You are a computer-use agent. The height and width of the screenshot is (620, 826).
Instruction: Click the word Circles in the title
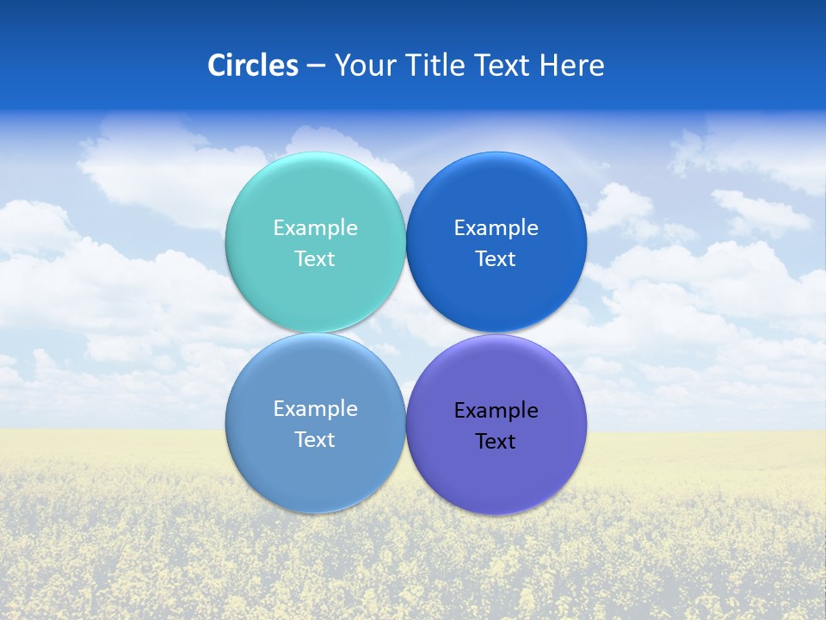tap(253, 65)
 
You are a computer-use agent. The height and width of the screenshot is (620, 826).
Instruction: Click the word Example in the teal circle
tap(315, 228)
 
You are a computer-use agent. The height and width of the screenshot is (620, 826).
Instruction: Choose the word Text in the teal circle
tap(315, 259)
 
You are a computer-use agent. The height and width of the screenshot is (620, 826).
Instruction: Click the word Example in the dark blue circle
tap(496, 228)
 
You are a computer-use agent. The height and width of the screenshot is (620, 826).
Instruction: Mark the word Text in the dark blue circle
tap(496, 259)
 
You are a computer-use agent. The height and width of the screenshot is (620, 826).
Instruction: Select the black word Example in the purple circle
tap(496, 411)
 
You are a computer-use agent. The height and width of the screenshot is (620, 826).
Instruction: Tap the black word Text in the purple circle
tap(496, 442)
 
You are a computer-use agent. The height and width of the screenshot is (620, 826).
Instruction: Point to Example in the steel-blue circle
tap(315, 409)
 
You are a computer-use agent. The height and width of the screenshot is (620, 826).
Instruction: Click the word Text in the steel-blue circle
tap(315, 440)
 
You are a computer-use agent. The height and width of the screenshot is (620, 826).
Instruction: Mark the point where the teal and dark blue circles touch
tap(405, 242)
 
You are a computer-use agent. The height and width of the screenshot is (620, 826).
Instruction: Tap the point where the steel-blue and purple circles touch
tap(405, 423)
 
